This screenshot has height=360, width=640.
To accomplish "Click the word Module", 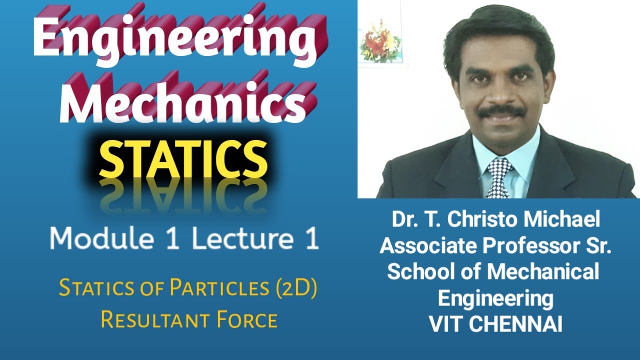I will coord(100,239).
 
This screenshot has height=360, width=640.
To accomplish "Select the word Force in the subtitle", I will coord(246,319).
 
